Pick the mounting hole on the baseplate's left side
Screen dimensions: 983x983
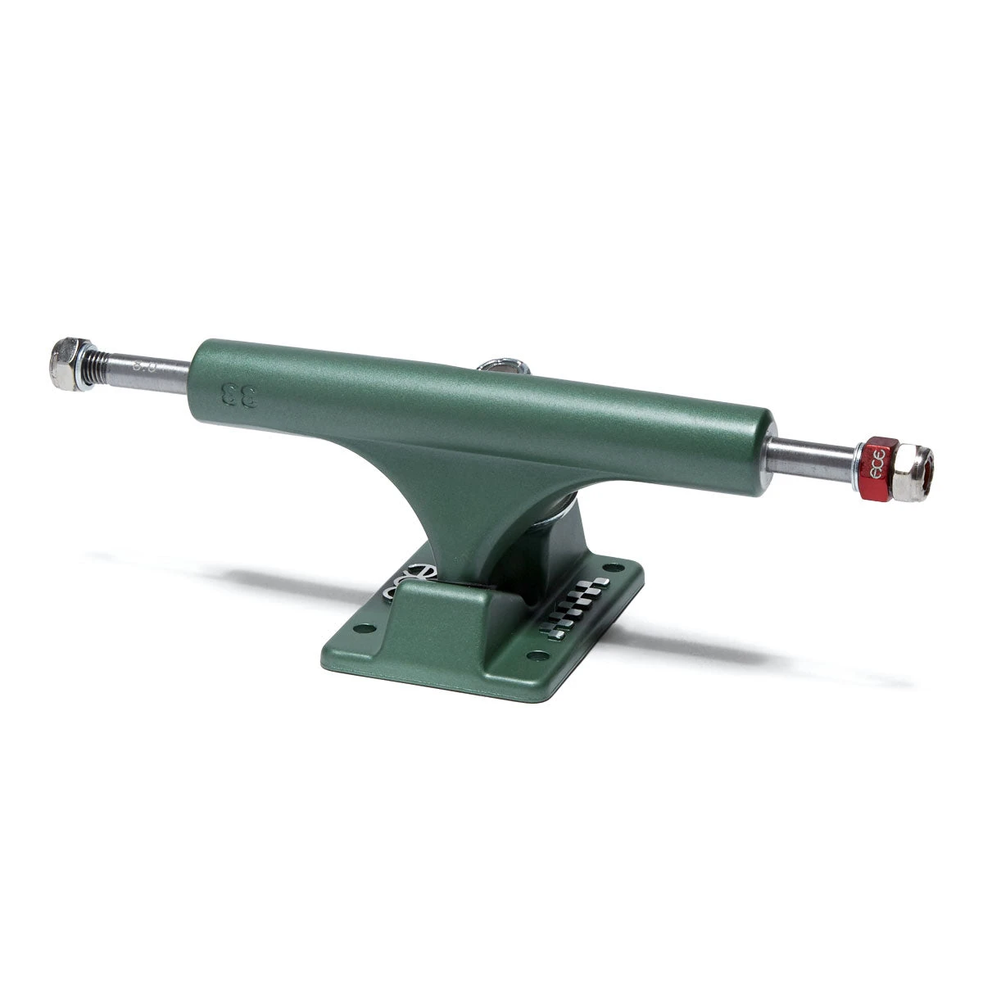[x=366, y=628]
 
